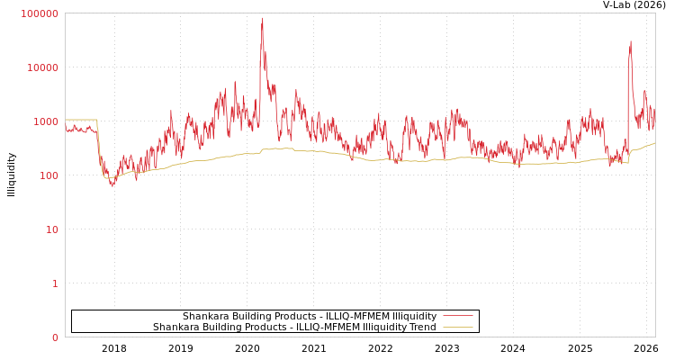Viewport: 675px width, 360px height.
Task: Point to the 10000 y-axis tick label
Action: point(43,67)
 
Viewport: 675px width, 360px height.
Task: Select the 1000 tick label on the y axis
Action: point(46,121)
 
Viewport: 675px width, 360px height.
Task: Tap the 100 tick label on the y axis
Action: point(48,175)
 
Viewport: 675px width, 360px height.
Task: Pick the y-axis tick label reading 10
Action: point(51,229)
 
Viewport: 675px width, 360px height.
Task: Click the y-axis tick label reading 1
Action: point(55,283)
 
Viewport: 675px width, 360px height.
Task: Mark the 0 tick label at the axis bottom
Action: point(55,337)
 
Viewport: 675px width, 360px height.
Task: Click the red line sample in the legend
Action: point(457,316)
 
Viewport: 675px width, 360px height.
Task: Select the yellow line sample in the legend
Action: point(457,327)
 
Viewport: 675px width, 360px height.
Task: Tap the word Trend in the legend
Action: point(422,327)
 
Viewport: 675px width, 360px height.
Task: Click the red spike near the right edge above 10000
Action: point(630,43)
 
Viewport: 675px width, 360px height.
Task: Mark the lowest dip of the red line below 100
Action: point(112,184)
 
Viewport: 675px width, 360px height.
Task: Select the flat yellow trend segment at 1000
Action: point(81,120)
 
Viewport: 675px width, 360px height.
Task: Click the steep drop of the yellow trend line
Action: point(99,148)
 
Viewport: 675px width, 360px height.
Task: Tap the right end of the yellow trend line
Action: point(654,142)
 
